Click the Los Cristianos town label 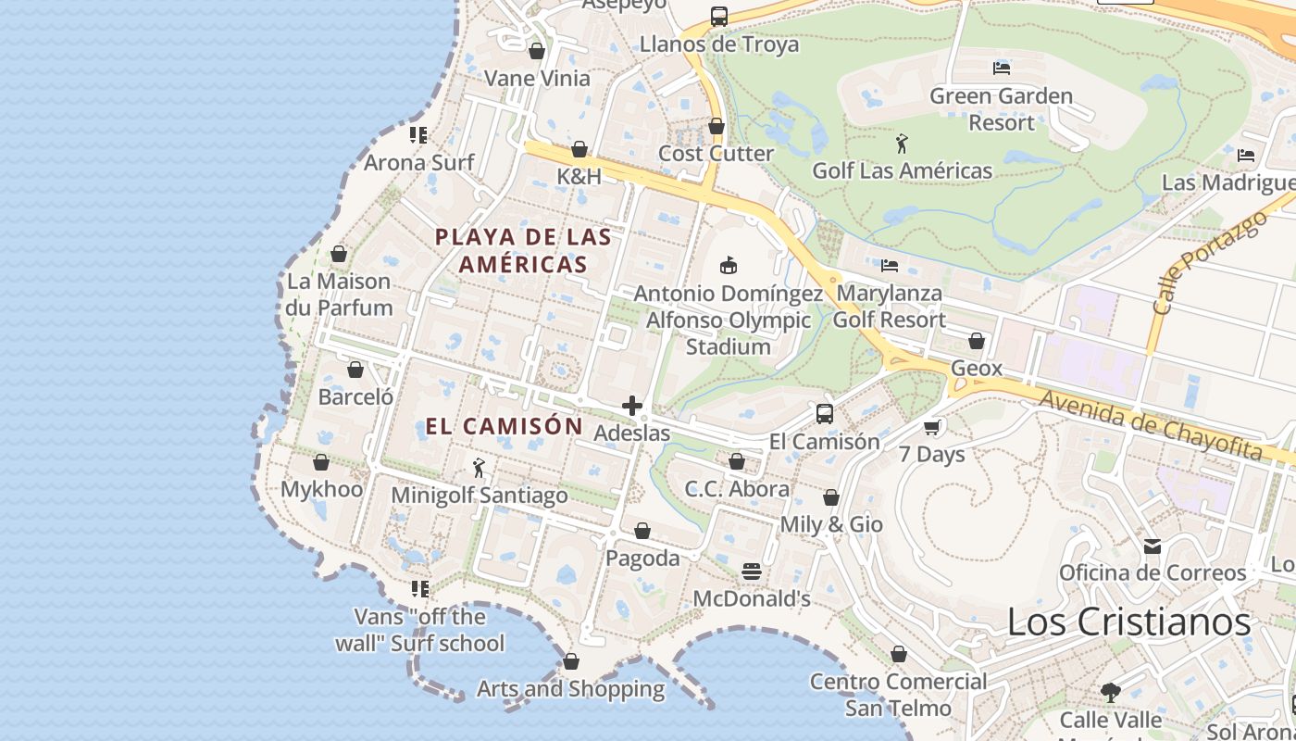point(1128,622)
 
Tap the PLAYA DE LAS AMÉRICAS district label point(524,250)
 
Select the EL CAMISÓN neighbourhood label point(504,426)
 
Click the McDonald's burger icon point(752,571)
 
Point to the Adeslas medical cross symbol point(632,406)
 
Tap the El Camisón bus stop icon point(825,414)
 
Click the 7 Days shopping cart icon point(931,427)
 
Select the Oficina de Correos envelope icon point(1153,546)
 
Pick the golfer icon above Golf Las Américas point(902,144)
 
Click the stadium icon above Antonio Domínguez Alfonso point(729,266)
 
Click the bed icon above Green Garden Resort point(1001,68)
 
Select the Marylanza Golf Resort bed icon point(890,266)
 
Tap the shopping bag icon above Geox point(976,341)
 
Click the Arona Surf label point(418,163)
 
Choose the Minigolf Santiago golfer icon point(479,468)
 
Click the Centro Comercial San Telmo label point(898,695)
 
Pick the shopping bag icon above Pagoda point(642,531)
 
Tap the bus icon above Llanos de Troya point(719,17)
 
